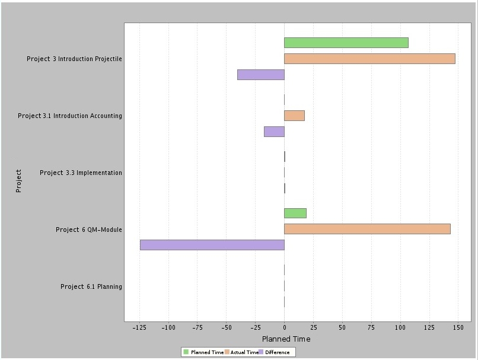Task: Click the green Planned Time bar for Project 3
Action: [346, 43]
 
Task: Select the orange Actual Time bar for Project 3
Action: [369, 59]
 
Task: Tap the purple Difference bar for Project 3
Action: [260, 75]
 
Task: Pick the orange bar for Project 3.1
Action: [294, 116]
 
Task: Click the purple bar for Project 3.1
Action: [274, 132]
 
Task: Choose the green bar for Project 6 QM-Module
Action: [295, 214]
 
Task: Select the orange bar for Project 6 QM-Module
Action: [367, 229]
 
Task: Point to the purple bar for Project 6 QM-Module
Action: [212, 245]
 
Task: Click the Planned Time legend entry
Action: [203, 352]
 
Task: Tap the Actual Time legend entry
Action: [241, 352]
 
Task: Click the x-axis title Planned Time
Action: [286, 339]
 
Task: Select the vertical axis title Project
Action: [18, 181]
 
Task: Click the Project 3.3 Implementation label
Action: [81, 173]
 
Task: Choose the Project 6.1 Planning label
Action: [91, 287]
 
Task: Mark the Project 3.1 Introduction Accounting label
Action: [70, 116]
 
